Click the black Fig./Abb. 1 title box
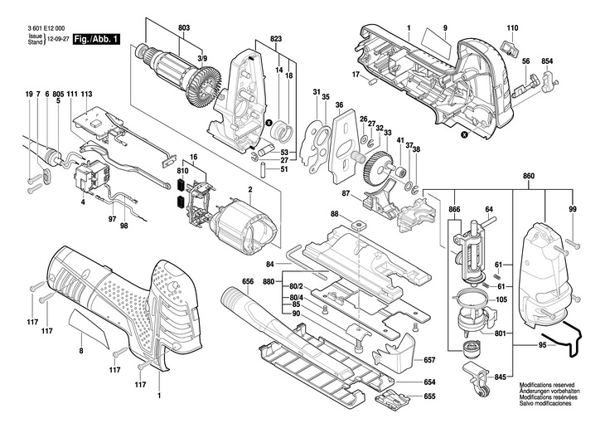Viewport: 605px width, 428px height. pos(96,39)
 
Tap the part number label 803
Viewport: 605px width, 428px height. pos(184,28)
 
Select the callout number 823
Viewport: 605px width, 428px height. pos(276,39)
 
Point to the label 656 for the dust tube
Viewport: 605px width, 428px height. pos(248,281)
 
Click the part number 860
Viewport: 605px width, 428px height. pos(529,176)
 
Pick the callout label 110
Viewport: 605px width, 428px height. pos(512,28)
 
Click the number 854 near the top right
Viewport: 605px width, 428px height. pos(547,61)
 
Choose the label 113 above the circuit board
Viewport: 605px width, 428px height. pos(87,94)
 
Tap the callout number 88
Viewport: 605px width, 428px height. pos(335,214)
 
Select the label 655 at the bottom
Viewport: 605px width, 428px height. pos(429,396)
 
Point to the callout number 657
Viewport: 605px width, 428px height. pos(429,360)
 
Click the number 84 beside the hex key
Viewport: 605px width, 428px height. pos(270,265)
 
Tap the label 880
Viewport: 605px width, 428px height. pos(269,281)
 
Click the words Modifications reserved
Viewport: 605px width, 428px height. pos(547,385)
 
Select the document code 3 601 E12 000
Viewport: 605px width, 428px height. pos(46,28)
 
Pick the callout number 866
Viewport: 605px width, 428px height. pos(454,209)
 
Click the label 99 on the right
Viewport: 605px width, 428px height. pos(573,209)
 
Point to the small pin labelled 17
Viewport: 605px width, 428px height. pos(372,81)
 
